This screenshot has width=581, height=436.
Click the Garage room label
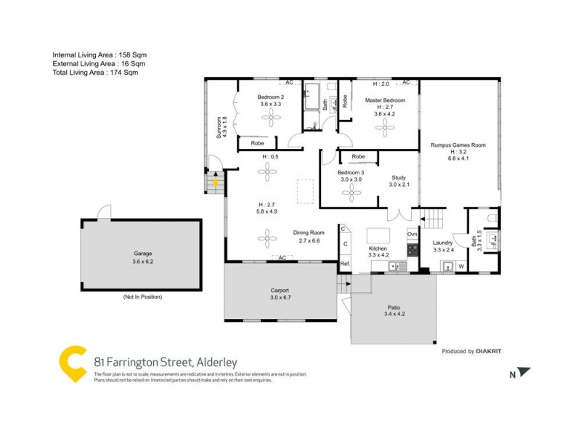tap(142, 253)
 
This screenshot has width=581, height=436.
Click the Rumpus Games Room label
tap(457, 145)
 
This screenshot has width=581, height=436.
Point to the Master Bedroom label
tap(385, 100)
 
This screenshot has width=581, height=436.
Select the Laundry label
tap(443, 243)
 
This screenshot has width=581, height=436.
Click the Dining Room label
tap(306, 233)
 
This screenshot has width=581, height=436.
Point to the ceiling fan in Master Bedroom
tap(383, 129)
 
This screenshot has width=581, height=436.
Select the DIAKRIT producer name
tap(489, 351)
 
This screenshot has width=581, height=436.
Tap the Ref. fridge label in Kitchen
tap(345, 264)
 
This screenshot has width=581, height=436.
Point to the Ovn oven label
tap(413, 234)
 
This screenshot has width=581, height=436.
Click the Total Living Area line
tap(95, 73)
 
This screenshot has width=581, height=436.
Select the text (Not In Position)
tap(142, 297)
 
